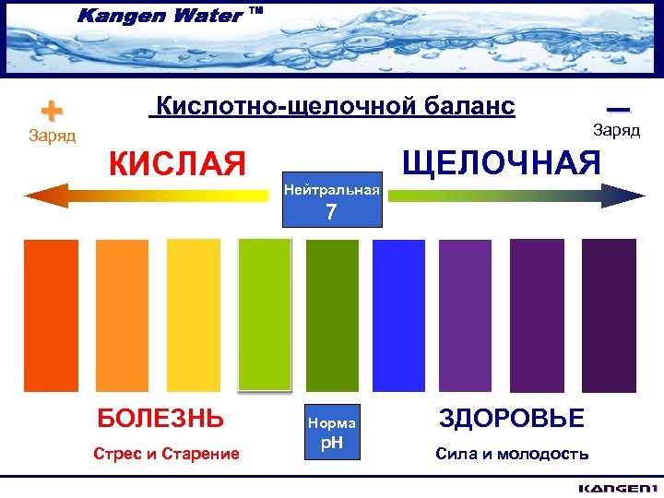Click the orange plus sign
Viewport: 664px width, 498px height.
[x=52, y=111]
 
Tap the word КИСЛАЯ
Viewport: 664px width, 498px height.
[x=178, y=164]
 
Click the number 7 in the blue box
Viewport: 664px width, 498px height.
[x=331, y=213]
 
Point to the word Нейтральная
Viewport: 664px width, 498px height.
[x=331, y=189]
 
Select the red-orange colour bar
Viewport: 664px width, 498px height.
[x=51, y=316]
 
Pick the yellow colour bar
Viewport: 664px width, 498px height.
[x=194, y=316]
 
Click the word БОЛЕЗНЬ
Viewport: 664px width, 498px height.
[x=160, y=419]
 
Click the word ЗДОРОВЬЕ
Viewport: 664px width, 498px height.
[x=511, y=419]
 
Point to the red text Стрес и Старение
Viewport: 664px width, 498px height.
[x=166, y=453]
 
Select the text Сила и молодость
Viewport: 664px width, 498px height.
[x=511, y=453]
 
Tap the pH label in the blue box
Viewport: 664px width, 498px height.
[x=331, y=443]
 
